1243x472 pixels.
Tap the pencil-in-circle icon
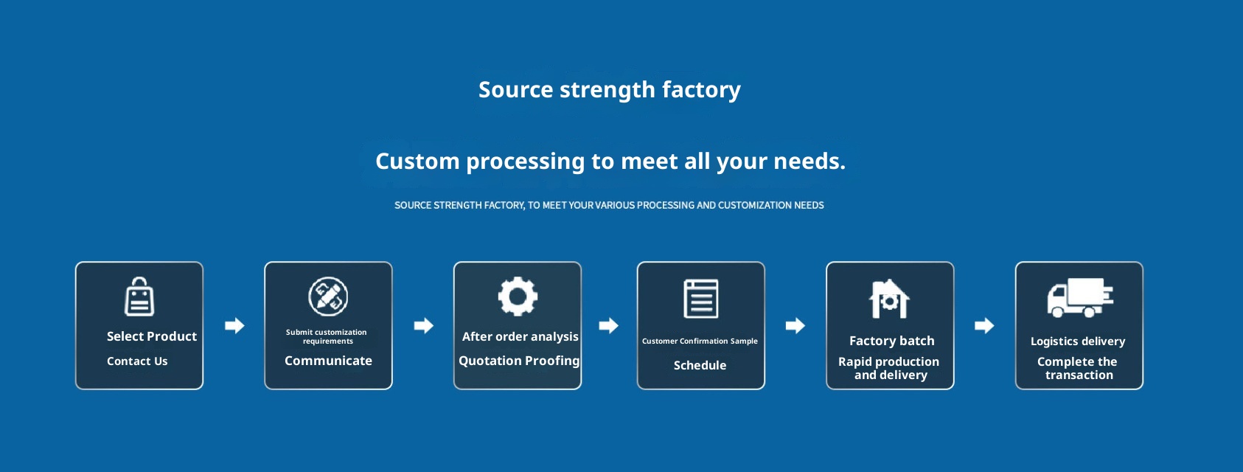tap(328, 296)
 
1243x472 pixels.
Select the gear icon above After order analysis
tap(517, 296)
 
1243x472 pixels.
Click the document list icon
tap(701, 299)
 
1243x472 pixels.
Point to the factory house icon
tap(889, 299)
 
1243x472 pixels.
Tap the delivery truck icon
tap(1080, 298)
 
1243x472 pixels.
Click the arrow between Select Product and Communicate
tap(234, 325)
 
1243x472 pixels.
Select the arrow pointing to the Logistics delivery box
tap(984, 325)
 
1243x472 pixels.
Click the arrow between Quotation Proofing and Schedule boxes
tap(608, 325)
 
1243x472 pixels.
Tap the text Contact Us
tap(137, 361)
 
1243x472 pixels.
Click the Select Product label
tap(151, 336)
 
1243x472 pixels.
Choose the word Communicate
tap(328, 361)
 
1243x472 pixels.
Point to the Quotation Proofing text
tap(519, 361)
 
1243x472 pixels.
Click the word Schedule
tap(700, 365)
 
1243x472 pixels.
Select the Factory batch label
tap(892, 341)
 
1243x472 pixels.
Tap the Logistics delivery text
tap(1078, 341)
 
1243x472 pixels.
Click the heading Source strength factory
tap(609, 89)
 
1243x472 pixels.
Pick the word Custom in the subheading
tap(417, 161)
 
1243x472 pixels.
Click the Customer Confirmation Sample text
tap(700, 341)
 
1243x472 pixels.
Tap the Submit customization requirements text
tap(327, 336)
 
